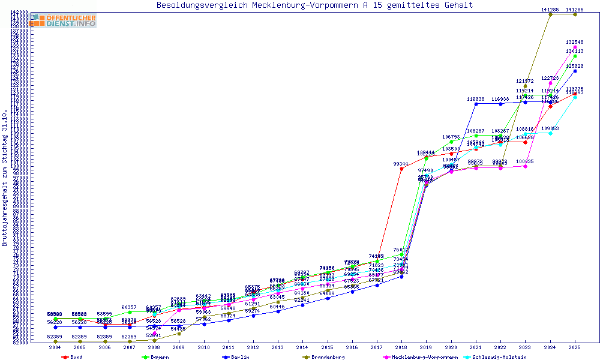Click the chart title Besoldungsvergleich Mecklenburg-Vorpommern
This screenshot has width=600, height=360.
(314, 5)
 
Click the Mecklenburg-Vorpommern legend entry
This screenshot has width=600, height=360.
(419, 357)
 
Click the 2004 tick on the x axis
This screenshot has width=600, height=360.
(55, 347)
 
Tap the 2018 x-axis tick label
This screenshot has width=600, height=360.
(401, 347)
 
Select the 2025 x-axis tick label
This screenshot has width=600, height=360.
(575, 347)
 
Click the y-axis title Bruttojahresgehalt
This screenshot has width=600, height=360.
(5, 178)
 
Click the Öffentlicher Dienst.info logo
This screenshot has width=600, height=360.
(65, 20)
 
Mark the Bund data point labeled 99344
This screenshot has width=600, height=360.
(401, 169)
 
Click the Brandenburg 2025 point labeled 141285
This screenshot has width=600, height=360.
(575, 14)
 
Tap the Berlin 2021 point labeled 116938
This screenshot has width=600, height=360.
(476, 104)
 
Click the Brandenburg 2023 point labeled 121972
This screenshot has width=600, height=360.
(525, 86)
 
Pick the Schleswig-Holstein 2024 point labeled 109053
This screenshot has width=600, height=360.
(550, 133)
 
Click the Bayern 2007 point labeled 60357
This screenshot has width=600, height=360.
(130, 312)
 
